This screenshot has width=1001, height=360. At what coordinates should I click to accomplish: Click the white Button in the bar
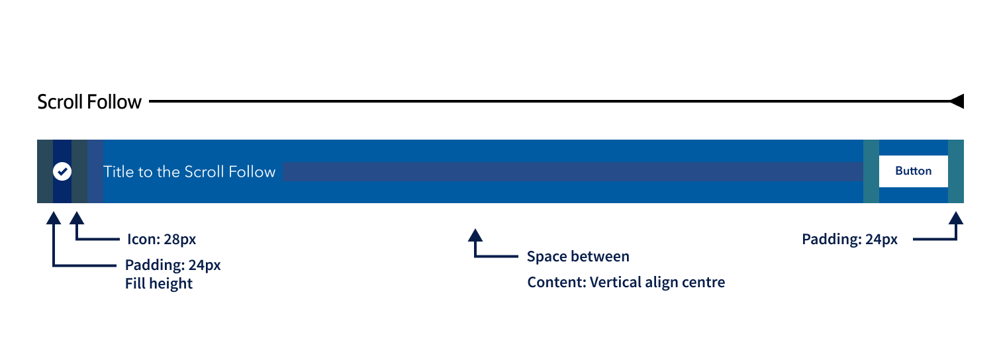913,171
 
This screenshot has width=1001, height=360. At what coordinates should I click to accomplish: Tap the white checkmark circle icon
62,171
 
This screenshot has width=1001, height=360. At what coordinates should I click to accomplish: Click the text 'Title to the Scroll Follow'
189,172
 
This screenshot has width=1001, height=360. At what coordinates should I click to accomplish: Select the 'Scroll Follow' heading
89,102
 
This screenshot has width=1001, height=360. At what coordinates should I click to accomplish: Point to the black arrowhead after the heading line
957,101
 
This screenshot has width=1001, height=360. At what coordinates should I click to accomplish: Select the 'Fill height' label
159,284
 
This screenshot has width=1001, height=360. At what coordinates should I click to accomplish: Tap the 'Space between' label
578,256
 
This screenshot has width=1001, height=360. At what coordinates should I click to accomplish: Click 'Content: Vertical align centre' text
626,283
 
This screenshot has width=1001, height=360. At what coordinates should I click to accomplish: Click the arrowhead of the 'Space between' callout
475,235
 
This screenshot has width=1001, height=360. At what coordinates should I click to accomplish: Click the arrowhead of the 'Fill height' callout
54,218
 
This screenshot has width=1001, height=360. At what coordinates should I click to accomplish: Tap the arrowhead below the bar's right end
956,218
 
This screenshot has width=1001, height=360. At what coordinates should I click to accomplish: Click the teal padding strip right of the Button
956,171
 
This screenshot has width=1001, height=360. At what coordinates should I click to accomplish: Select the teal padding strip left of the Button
871,171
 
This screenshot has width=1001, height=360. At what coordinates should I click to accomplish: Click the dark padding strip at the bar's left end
45,171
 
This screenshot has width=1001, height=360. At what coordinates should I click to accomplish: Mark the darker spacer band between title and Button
573,172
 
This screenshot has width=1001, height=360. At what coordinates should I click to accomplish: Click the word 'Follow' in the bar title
252,172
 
